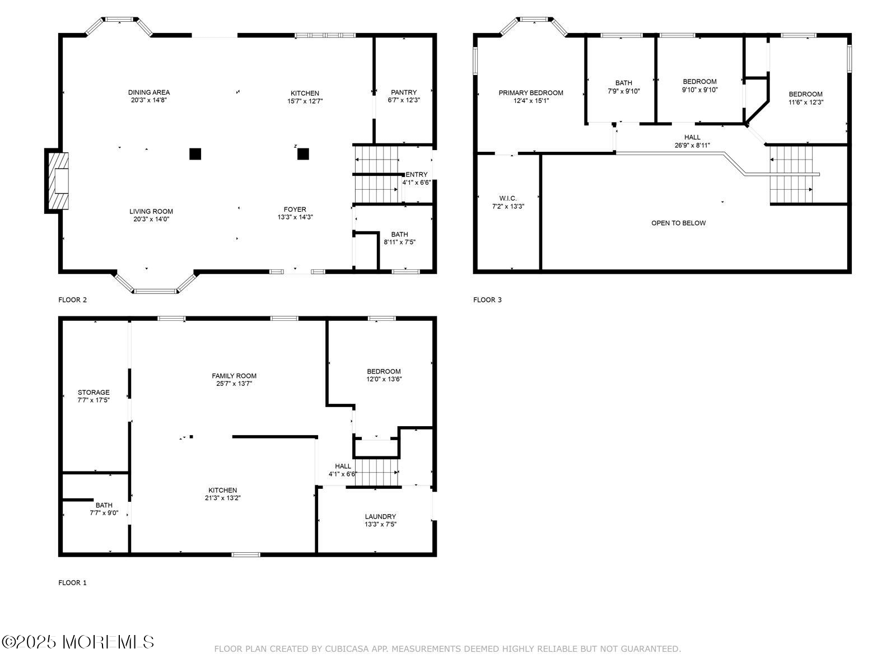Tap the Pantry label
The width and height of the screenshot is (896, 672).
pos(404,92)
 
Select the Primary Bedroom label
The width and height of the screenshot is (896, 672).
pos(531,93)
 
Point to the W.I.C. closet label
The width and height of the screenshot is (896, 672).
pos(508,198)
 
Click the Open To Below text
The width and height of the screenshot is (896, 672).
pos(678,223)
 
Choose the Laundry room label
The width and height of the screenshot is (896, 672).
pos(380,516)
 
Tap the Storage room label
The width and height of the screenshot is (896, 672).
pos(94,393)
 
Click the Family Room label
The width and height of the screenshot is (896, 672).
pos(234,376)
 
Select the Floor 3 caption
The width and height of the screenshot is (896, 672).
pos(487,300)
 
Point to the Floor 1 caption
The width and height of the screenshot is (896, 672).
pos(72,582)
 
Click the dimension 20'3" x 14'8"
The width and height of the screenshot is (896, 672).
pos(148,100)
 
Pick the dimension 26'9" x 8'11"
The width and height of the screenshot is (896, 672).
pos(692,145)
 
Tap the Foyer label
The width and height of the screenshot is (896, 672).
pos(295,209)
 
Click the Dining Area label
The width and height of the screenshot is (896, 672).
pos(148,92)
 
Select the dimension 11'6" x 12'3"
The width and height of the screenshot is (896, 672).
pos(805,102)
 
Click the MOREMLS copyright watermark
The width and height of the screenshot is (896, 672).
pos(77,642)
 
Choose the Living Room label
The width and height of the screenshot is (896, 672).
pos(151,211)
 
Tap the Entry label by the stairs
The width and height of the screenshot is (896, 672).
pos(417,175)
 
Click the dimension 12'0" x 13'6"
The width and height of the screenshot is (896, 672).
pos(384,379)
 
